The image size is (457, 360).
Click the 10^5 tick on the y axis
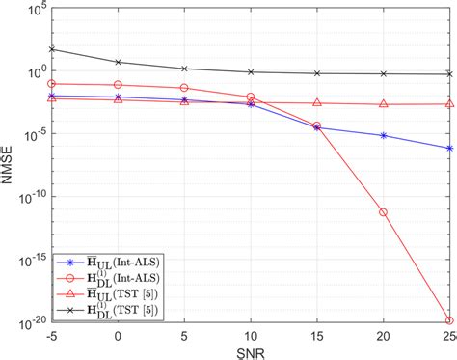pos(31,11)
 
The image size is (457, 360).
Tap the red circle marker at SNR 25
pos(449,320)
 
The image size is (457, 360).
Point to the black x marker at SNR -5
pos(51,49)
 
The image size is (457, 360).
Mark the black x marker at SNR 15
pos(317,73)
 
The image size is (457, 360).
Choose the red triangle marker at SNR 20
pos(384,104)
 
